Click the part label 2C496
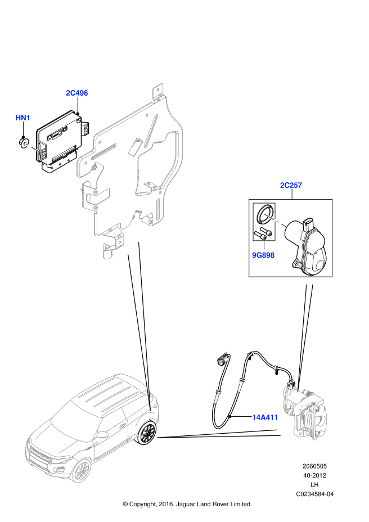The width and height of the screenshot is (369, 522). pyautogui.click(x=77, y=93)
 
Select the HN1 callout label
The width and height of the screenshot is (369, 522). pyautogui.click(x=22, y=118)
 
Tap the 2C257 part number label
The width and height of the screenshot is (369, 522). pyautogui.click(x=291, y=185)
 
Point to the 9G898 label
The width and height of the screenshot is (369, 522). pyautogui.click(x=263, y=255)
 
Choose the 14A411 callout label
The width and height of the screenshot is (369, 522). pyautogui.click(x=265, y=417)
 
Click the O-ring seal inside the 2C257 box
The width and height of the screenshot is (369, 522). pyautogui.click(x=265, y=212)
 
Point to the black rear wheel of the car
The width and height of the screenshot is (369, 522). pyautogui.click(x=148, y=433)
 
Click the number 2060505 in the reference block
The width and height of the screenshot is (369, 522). pyautogui.click(x=315, y=467)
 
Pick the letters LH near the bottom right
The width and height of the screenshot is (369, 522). pyautogui.click(x=315, y=485)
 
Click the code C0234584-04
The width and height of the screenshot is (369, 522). pyautogui.click(x=315, y=494)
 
